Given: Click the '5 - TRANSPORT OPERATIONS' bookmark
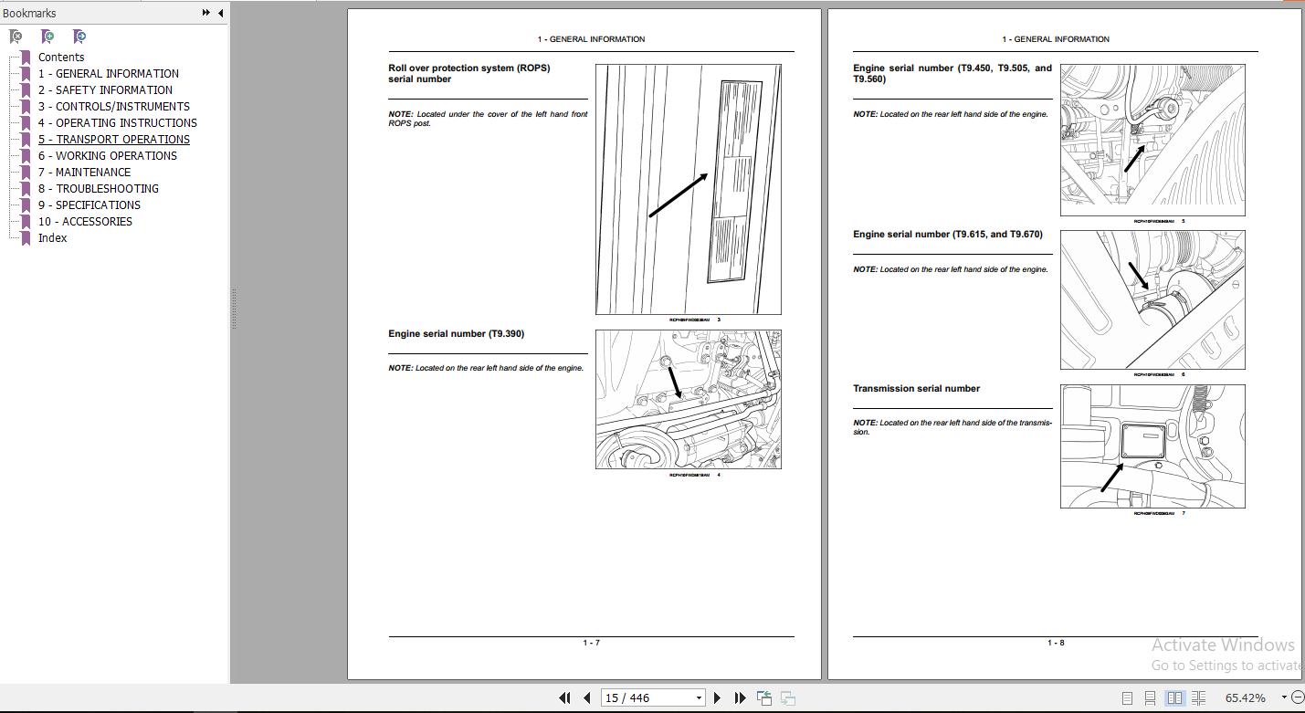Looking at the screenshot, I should coord(113,140).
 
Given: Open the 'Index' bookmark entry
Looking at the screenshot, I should coord(52,238).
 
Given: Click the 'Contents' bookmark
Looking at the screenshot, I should coord(60,58).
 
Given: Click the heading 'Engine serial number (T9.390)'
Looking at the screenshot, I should coord(456,334).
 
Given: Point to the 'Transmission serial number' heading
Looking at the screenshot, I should coord(916,389).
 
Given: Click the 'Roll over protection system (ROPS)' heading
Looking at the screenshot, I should coord(468,68).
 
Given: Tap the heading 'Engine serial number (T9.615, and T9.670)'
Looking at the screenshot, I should coord(947,235).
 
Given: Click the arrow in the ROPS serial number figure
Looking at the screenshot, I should coord(678,195).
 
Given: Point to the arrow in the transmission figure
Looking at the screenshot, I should coord(1112,477).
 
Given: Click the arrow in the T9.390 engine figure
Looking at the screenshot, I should coord(674,380).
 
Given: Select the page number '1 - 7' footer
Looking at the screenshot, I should coord(591,644).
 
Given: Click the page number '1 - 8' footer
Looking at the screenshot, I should coord(1055,644).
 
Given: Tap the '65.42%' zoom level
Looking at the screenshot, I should coord(1245,698).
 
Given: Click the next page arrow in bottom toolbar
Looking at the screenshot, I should coord(717,698).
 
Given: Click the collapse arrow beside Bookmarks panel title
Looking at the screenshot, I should coord(220,13).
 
